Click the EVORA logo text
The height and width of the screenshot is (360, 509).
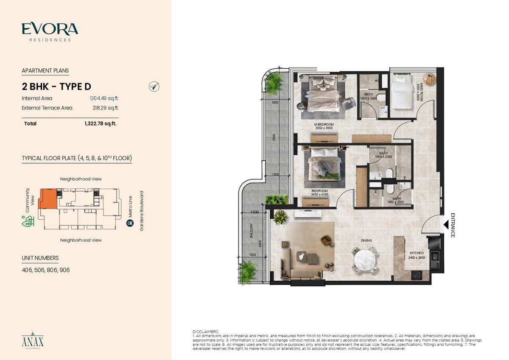pyautogui.click(x=50, y=29)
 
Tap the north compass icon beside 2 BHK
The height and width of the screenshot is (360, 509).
pyautogui.click(x=154, y=87)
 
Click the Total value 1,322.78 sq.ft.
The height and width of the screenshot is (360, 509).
pyautogui.click(x=101, y=124)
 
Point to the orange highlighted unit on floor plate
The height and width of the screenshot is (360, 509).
pyautogui.click(x=47, y=198)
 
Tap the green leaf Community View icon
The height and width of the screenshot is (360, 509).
pyautogui.click(x=28, y=222)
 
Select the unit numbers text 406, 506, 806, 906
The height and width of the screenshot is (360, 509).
pyautogui.click(x=45, y=270)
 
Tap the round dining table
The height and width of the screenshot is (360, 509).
pyautogui.click(x=365, y=258)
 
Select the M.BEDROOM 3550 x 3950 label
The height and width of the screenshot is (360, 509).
pyautogui.click(x=324, y=126)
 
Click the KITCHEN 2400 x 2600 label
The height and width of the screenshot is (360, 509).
pyautogui.click(x=417, y=255)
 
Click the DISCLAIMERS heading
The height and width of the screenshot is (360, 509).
pyautogui.click(x=205, y=331)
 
